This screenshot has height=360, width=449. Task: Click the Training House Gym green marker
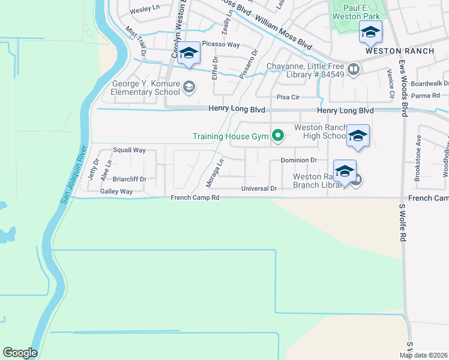277,136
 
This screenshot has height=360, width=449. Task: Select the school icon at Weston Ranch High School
358,137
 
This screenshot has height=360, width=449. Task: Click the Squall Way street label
130,150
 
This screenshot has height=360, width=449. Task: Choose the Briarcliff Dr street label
130,179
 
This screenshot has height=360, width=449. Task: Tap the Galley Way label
116,191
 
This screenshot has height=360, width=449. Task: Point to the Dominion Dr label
298,160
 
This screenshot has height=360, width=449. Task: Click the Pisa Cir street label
288,97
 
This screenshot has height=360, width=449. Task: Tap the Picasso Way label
220,44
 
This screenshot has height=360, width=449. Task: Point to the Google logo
20,353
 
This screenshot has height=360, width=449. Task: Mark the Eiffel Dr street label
214,68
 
